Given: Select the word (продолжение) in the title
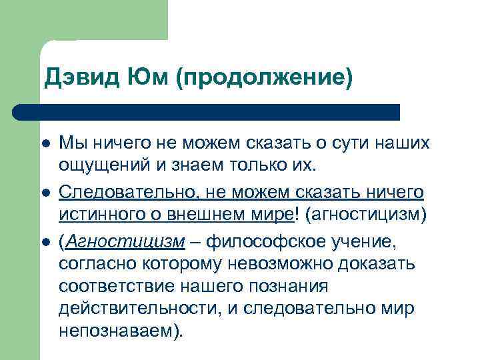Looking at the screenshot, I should (x=263, y=79).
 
